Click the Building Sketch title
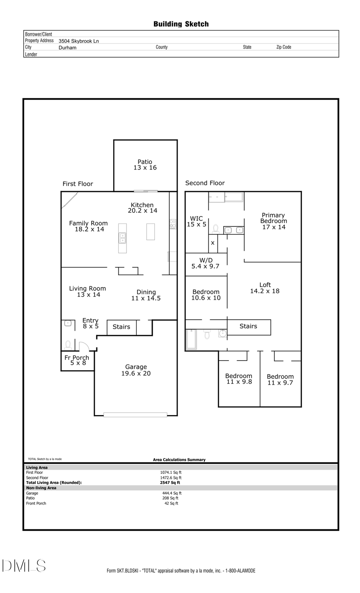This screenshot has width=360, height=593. pos(181,24)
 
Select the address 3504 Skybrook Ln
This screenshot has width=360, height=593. pos(78,41)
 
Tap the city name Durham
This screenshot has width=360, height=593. pos(67,47)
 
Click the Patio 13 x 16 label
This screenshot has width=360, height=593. pos(145,165)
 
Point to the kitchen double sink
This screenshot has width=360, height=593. pos(122,238)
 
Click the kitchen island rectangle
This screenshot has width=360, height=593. pos(150,232)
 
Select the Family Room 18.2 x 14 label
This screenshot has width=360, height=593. pos(89,226)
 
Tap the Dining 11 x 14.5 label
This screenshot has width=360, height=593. pos(146,295)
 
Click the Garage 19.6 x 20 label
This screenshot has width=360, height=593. pos(136,370)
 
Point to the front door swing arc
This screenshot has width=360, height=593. pos(84,346)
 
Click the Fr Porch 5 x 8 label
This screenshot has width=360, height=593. pos(77,360)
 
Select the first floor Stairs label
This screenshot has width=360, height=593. pos(121,327)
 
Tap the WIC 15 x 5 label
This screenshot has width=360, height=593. pos(196,222)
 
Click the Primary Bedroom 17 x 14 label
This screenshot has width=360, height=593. pos(274,221)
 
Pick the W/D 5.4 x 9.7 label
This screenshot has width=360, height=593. pos(206,263)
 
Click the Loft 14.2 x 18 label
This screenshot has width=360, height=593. pos(265,288)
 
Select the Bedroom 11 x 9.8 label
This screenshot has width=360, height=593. pos(239,379)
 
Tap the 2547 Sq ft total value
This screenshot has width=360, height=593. pos(170,483)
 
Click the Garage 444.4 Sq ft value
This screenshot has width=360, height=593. pos(172,493)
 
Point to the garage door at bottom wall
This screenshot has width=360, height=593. pos(135,415)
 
